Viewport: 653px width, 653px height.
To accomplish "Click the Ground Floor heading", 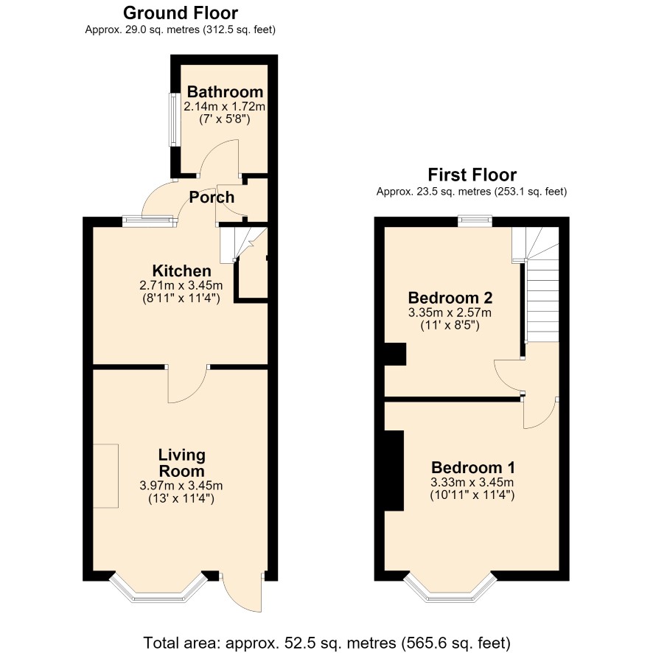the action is (181, 13).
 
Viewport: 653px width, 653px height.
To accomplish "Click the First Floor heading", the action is (472, 175).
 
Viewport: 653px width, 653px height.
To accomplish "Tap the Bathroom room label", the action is (225, 91).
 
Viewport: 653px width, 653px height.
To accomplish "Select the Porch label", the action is (212, 197).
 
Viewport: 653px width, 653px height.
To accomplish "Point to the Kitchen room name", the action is (181, 270).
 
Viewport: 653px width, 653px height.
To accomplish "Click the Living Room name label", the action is (181, 463).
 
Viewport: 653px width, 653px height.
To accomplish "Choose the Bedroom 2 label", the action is (450, 298).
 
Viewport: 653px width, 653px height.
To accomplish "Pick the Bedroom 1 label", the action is (472, 467).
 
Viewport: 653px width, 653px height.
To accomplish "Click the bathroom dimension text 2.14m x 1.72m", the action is (225, 107).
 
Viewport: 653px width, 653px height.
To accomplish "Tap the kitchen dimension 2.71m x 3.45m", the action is (181, 286).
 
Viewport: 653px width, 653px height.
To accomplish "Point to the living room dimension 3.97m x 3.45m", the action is (181, 486).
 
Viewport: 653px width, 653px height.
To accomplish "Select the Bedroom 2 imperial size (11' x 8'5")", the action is (450, 325).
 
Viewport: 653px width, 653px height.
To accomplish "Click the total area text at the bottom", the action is (326, 643).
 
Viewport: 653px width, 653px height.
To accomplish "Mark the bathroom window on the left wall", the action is (172, 119).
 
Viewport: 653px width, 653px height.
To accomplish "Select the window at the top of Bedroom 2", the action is (475, 220).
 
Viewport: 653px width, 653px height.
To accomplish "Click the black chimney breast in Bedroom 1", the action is (394, 471).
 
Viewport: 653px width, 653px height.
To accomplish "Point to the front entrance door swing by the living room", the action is (242, 593).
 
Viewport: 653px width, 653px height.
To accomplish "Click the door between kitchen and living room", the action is (187, 384).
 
